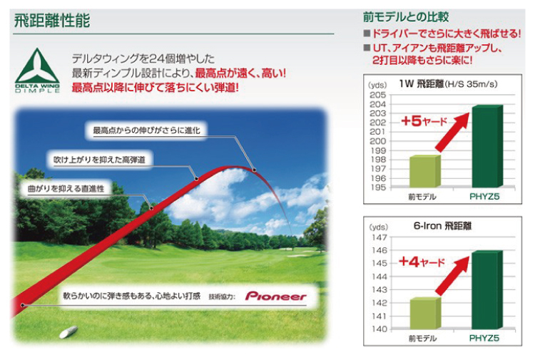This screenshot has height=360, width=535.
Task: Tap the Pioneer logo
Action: (x=275, y=296)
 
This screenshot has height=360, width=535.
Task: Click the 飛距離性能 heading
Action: (x=52, y=21)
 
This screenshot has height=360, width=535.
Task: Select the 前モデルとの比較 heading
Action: (x=405, y=17)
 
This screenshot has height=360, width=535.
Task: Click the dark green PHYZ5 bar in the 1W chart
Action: (x=487, y=146)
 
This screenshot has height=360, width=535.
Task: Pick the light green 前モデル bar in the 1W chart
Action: (x=425, y=171)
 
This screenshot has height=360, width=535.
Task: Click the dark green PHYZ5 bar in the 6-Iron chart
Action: (x=487, y=289)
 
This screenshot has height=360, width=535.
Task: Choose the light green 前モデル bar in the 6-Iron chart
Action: (x=425, y=313)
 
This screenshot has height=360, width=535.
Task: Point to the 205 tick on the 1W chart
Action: (x=378, y=95)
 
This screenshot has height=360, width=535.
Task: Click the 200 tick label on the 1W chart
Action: (x=378, y=141)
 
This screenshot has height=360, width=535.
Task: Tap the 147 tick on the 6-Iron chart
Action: (x=379, y=237)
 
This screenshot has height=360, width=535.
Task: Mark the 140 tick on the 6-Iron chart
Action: (x=379, y=329)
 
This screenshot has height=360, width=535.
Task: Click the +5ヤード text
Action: (x=424, y=121)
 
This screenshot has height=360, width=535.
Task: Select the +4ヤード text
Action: (x=422, y=262)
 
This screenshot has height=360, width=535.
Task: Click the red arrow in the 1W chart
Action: (x=452, y=132)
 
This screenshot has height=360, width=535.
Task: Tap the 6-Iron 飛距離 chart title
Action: (x=442, y=226)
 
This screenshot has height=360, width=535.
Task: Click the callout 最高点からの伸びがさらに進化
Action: (x=147, y=130)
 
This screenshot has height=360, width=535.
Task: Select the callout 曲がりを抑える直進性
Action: (x=66, y=188)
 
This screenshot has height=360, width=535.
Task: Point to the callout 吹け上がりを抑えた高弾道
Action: (x=99, y=160)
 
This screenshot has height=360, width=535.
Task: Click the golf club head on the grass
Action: (x=68, y=331)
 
